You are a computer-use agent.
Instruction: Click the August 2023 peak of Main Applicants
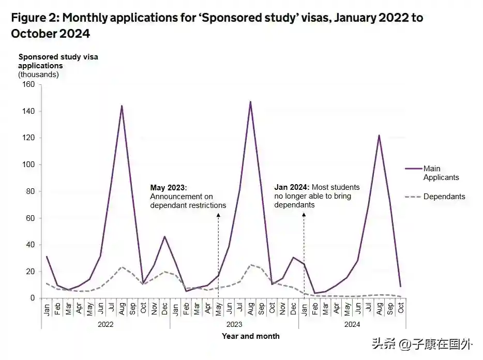pos(250,102)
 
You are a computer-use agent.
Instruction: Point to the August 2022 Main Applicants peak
pos(122,106)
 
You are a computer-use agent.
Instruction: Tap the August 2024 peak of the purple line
pos(379,136)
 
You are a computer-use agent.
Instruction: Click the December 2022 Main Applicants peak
pos(164,237)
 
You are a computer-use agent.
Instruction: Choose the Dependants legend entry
pos(444,197)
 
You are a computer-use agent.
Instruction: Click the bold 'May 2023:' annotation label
pos(168,188)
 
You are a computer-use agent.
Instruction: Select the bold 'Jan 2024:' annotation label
pos(292,187)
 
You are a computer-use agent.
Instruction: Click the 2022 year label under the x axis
pos(105,324)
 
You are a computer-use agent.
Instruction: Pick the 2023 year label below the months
pos(234,324)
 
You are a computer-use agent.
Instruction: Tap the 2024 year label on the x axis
pos(352,324)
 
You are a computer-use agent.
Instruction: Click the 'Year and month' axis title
pos(251,336)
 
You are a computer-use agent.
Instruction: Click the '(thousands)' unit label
pos(39,74)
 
